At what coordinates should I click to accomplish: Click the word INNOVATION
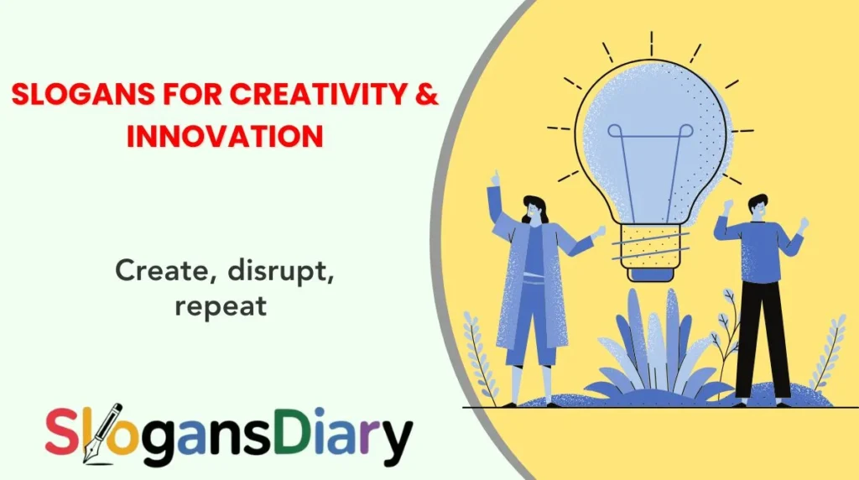224,135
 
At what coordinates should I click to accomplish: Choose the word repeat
221,305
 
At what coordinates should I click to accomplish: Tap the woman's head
534,209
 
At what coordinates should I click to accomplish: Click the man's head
757,206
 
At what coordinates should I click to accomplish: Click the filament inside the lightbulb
650,168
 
